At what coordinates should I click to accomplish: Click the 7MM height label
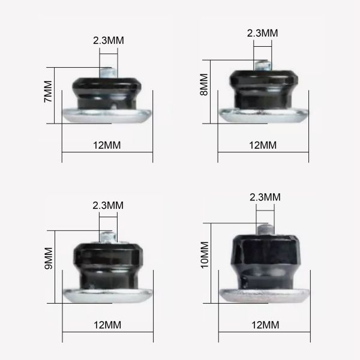point(47,95)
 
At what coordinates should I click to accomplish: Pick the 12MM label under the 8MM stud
point(263,145)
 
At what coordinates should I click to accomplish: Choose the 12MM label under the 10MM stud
point(263,326)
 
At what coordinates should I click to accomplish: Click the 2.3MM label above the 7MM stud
point(109,41)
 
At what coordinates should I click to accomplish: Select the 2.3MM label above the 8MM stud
point(263,34)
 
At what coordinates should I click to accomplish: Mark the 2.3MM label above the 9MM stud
point(109,205)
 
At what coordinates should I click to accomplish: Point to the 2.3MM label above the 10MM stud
point(265,197)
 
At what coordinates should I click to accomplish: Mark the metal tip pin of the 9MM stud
point(109,237)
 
